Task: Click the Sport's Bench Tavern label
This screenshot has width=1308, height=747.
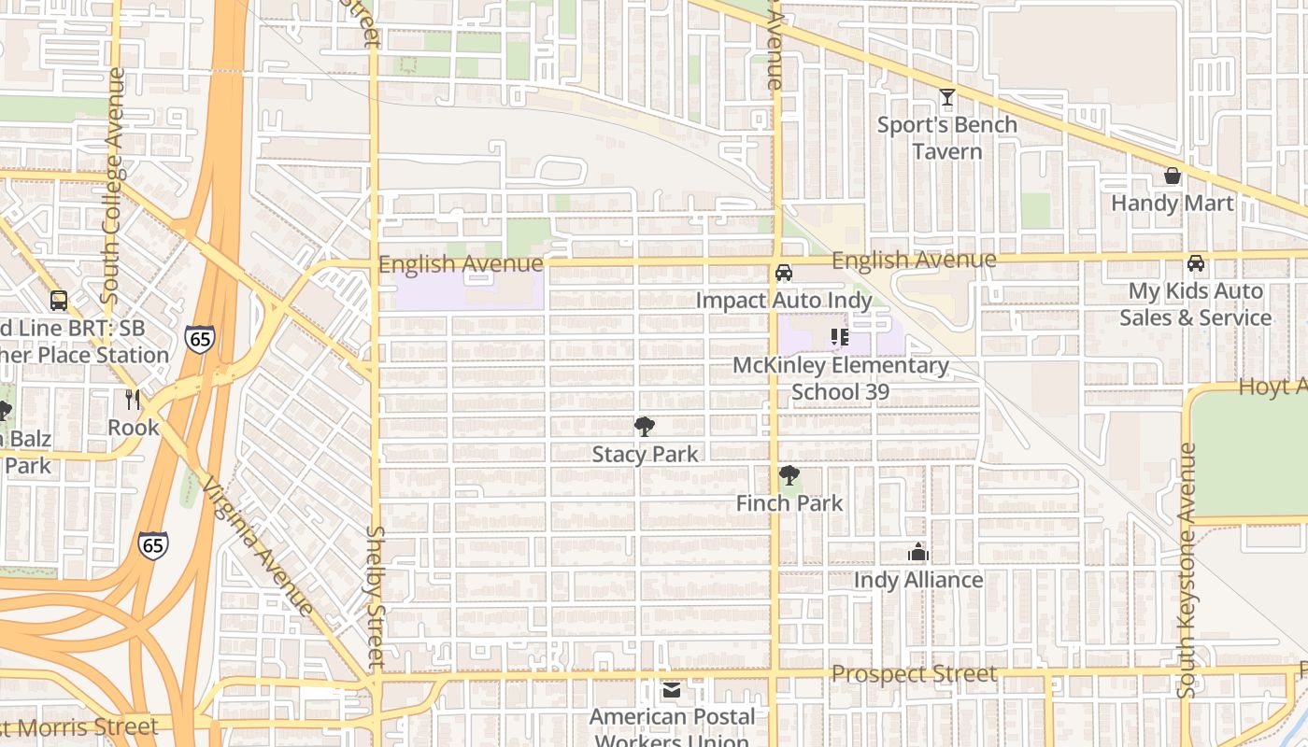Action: tap(946, 138)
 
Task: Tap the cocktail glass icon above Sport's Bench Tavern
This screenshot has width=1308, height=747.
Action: tap(947, 97)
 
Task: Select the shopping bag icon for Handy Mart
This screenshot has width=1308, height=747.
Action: tap(1172, 176)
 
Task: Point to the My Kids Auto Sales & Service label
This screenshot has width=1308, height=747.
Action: tap(1195, 304)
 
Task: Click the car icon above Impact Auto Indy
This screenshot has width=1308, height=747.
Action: tap(784, 273)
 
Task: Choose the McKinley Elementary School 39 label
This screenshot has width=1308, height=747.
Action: tap(840, 378)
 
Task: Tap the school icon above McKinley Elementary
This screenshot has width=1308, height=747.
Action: tap(839, 337)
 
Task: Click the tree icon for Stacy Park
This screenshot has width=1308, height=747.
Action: tap(644, 427)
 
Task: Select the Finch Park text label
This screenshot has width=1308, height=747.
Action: tap(789, 503)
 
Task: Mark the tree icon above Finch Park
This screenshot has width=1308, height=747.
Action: tap(789, 475)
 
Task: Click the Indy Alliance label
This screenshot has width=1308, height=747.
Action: tap(918, 580)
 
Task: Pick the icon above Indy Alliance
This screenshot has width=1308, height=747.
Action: tap(918, 552)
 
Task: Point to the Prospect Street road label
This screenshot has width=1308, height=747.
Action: tap(914, 674)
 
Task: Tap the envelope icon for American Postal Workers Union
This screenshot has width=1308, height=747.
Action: tap(671, 691)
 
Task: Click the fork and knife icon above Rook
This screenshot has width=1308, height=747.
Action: tap(133, 400)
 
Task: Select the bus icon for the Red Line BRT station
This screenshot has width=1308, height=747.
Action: tap(59, 301)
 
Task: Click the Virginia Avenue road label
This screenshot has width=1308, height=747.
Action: tap(258, 547)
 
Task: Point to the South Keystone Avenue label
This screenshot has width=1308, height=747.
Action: tap(1187, 571)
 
